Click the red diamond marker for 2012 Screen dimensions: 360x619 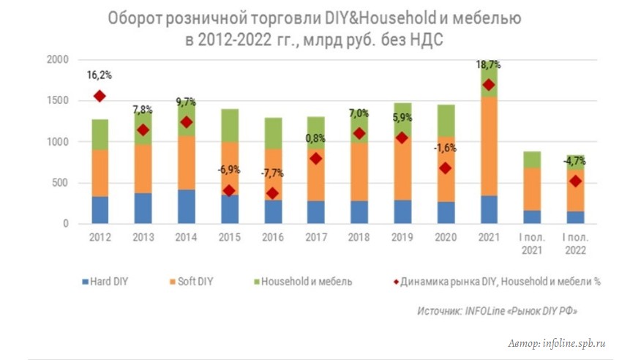pos(100,96)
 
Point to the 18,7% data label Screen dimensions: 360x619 pos(489,65)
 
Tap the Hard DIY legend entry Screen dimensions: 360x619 pos(106,281)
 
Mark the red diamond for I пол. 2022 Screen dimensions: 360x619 pos(576,181)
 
